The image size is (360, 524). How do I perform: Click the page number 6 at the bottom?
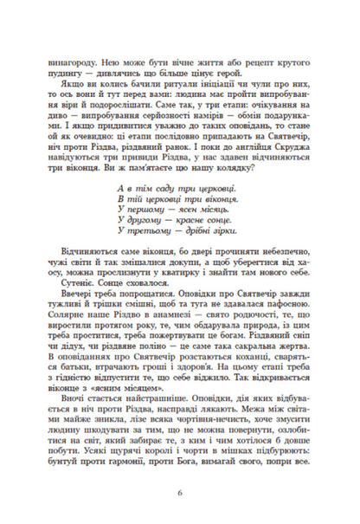click(x=180, y=493)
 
